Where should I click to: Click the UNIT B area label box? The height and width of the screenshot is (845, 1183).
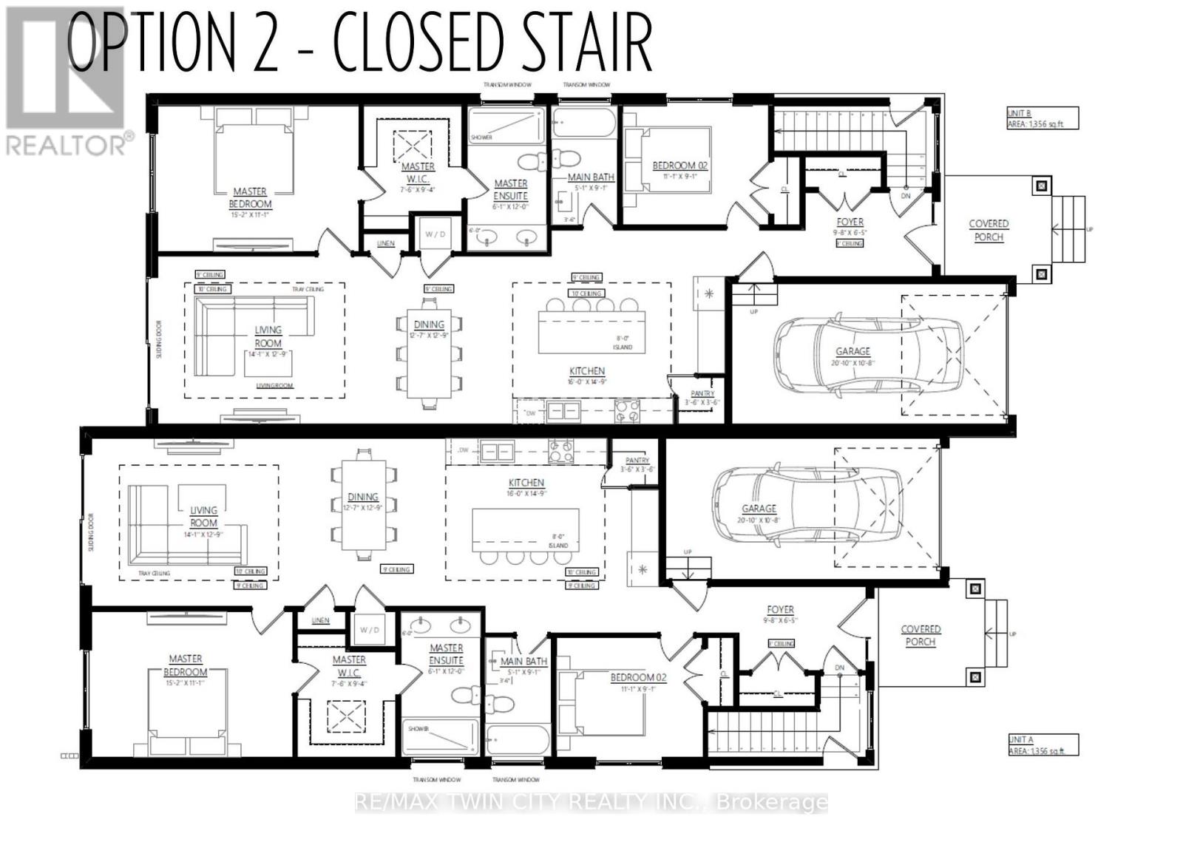[x=1042, y=118]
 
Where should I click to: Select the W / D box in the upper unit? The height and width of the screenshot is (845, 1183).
[x=435, y=234]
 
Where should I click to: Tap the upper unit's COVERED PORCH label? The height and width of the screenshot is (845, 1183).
[x=989, y=230]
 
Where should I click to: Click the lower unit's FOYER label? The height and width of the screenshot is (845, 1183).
[x=780, y=614]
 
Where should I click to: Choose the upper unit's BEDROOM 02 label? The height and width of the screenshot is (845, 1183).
[x=679, y=170]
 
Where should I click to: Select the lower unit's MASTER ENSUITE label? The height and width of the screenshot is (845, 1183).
[x=446, y=654]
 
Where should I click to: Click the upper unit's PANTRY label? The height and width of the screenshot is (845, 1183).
[x=702, y=398]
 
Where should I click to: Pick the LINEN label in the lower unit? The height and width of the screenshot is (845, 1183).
[x=320, y=620]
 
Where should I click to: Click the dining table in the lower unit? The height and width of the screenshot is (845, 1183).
[x=363, y=504]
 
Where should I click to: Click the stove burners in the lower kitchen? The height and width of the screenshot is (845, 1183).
[x=560, y=451]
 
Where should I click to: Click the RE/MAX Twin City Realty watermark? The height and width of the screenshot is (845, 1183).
[x=591, y=802]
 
